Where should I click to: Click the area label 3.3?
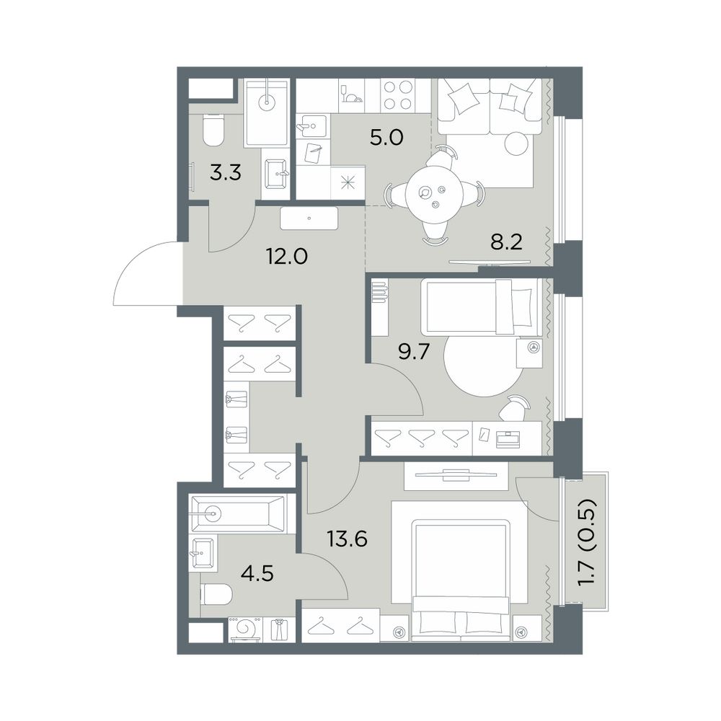[225, 173]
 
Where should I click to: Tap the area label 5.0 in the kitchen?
[386, 138]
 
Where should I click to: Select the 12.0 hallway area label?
[287, 256]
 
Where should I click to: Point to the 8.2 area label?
[506, 242]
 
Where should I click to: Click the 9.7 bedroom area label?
[413, 353]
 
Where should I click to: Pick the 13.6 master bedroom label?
[348, 539]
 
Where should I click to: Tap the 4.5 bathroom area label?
[257, 573]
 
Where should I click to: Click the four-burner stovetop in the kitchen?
[398, 95]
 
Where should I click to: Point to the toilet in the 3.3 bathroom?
[213, 130]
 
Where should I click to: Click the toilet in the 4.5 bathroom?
[216, 595]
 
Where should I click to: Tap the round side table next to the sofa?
[518, 144]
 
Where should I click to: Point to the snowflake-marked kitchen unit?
[348, 182]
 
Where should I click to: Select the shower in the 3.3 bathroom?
[266, 113]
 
